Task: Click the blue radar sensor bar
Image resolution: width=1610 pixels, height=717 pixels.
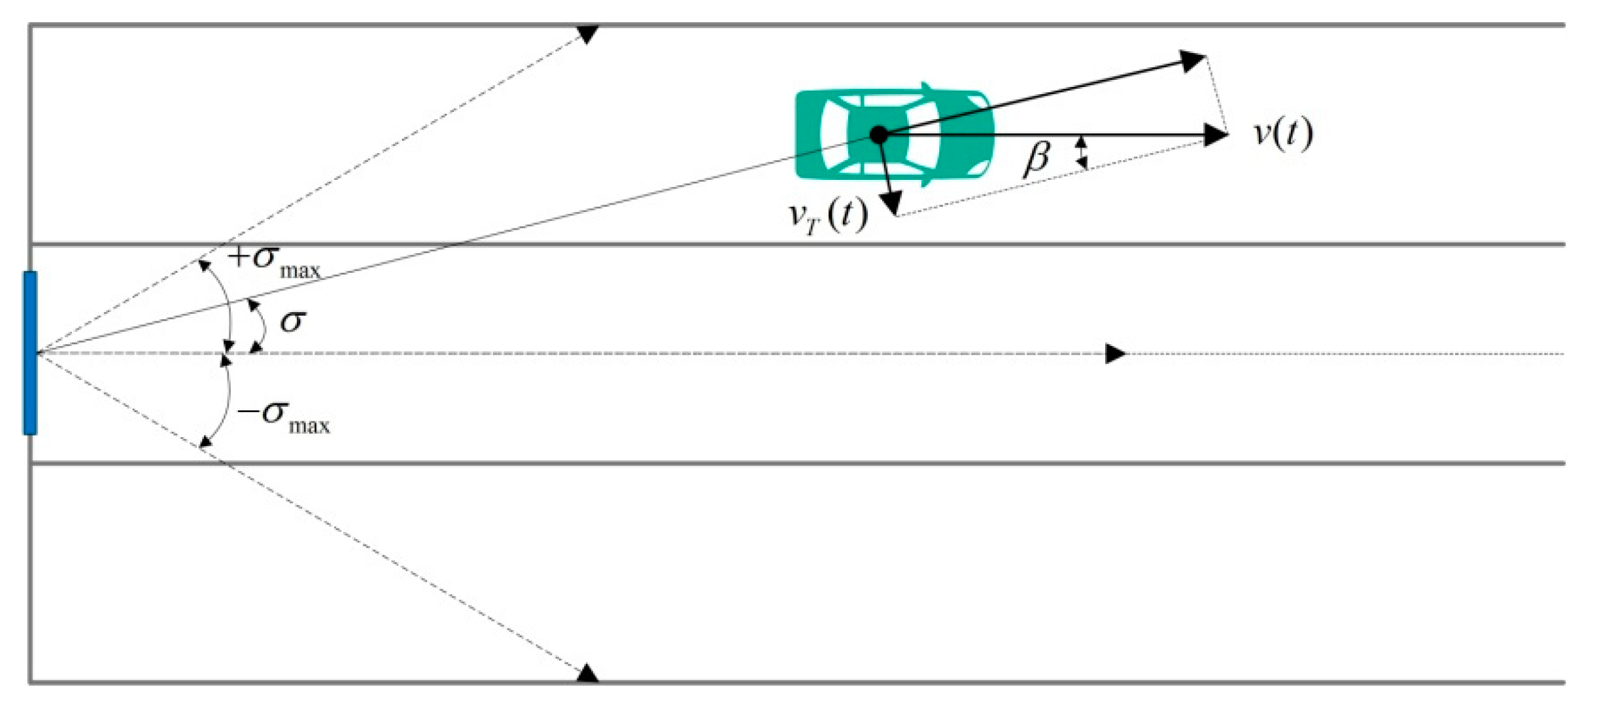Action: tap(30, 353)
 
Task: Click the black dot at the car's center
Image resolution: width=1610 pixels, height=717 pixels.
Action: tap(880, 135)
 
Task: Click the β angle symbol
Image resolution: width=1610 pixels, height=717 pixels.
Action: tap(1036, 158)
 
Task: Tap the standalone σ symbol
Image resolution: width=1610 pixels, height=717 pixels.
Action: tap(292, 321)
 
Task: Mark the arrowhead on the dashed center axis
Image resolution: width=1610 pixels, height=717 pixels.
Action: tap(1115, 353)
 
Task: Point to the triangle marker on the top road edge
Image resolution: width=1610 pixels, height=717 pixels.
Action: tap(588, 33)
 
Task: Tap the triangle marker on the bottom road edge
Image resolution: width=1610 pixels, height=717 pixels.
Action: tap(587, 673)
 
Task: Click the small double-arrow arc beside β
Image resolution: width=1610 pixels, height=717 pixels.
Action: tap(1083, 152)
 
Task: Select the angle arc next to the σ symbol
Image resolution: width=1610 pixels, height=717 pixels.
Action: tap(261, 326)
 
